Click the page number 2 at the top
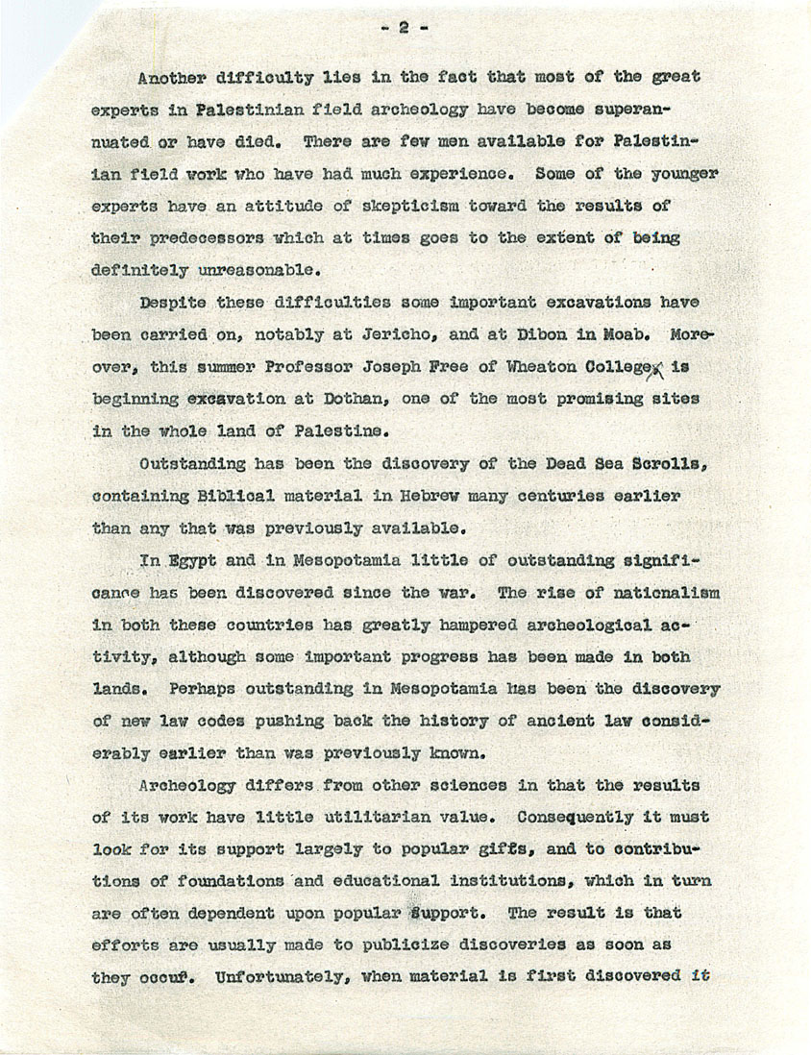pos(404,29)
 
